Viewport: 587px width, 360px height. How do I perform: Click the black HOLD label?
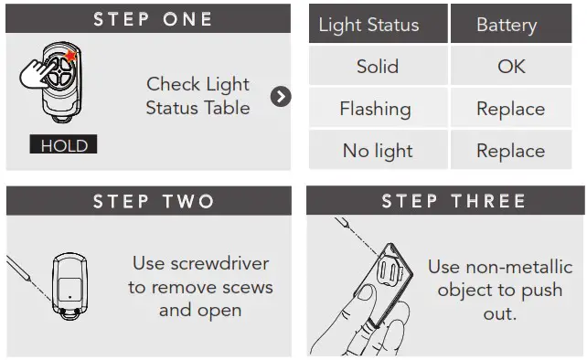(x=62, y=145)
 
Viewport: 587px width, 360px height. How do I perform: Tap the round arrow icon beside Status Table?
(x=282, y=96)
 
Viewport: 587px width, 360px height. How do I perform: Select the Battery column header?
(x=506, y=25)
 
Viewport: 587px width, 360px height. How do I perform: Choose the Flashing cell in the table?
(x=375, y=109)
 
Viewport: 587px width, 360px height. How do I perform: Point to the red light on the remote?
(x=69, y=57)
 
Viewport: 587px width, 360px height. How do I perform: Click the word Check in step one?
(x=173, y=84)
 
